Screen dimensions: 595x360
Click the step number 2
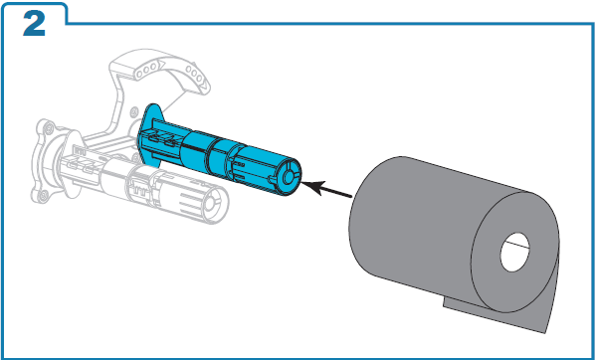tap(34, 24)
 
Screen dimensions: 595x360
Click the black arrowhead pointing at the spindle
tap(313, 187)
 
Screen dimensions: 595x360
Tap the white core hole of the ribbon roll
tap(515, 252)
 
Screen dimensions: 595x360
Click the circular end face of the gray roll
tap(515, 252)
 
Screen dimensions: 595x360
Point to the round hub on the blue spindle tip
tap(290, 175)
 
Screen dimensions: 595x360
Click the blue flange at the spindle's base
tap(150, 134)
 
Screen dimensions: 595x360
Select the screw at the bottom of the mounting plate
tap(44, 195)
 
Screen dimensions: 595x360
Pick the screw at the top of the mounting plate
tap(49, 129)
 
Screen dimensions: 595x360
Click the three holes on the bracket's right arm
tap(195, 75)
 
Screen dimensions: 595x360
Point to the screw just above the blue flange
tap(134, 112)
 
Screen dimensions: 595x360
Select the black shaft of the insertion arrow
tap(337, 192)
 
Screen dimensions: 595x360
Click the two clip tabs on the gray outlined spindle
tap(81, 166)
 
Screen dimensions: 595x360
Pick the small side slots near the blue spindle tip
tap(239, 170)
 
